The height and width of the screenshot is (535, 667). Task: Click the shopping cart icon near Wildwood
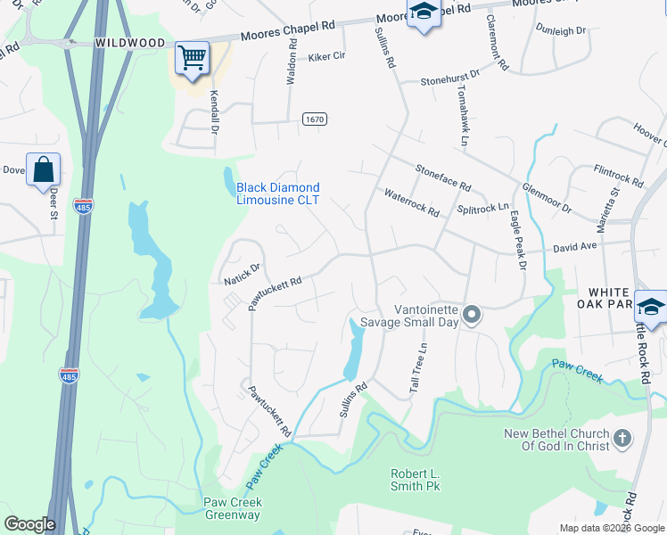click(x=192, y=58)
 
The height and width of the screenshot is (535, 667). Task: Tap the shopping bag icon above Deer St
click(x=43, y=169)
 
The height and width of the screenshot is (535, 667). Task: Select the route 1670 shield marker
click(x=314, y=119)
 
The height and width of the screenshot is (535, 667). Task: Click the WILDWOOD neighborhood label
click(x=130, y=43)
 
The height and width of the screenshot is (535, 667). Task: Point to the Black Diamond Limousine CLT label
click(x=277, y=193)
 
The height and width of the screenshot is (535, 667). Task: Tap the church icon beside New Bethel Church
click(x=622, y=438)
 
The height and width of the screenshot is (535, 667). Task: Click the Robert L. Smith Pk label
click(x=416, y=480)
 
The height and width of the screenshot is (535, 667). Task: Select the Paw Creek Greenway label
click(x=233, y=508)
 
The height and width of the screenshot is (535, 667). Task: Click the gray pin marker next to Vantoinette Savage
click(x=473, y=315)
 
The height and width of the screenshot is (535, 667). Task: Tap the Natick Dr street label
click(x=242, y=273)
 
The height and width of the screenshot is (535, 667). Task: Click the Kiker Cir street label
click(x=326, y=55)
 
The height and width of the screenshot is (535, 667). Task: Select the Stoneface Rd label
click(x=442, y=177)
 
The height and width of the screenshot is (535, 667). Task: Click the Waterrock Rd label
click(x=411, y=203)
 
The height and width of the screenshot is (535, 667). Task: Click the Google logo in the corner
click(x=29, y=524)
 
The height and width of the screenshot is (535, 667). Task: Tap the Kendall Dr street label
click(x=215, y=111)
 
